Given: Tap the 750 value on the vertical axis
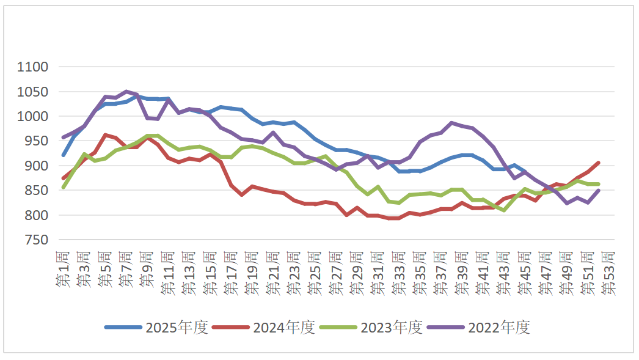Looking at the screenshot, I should click(43, 240).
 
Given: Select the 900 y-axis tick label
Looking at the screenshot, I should click(43, 166).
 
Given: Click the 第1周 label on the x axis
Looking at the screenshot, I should click(63, 269).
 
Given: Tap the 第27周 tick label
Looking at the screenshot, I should click(336, 273).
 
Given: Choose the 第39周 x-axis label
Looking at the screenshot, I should click(462, 273).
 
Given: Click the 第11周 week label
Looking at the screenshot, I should click(168, 273).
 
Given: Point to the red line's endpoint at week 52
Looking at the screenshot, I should click(598, 163).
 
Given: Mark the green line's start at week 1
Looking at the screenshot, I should click(63, 187).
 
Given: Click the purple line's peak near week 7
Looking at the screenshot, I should click(126, 92).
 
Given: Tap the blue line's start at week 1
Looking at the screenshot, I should click(63, 155).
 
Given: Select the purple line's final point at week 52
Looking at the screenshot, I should click(598, 191).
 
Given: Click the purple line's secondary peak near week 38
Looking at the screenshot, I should click(452, 123).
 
